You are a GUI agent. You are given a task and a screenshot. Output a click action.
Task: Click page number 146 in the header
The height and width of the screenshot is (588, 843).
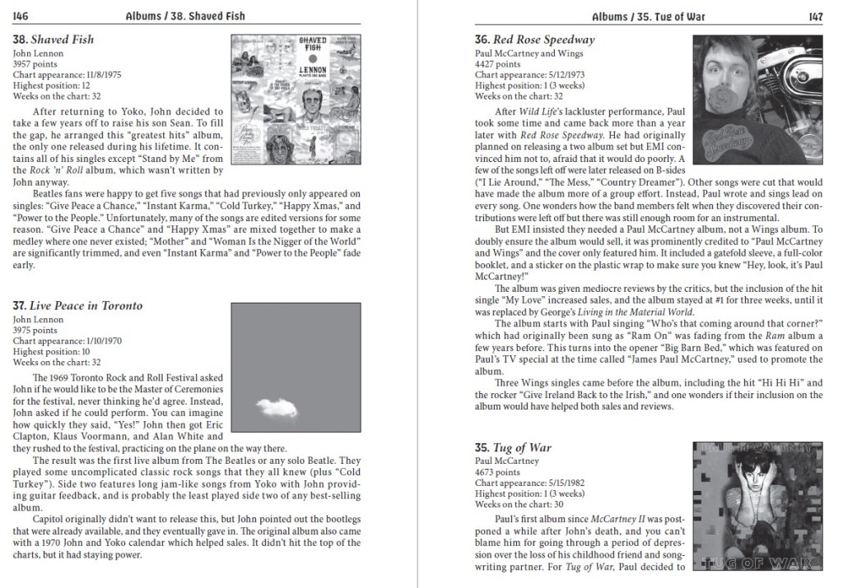pos(21,16)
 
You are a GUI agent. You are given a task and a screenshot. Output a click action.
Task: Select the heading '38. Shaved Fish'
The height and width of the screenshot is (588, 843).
pos(54,39)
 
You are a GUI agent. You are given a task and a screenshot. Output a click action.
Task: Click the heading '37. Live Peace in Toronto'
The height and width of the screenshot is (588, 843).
pos(78,306)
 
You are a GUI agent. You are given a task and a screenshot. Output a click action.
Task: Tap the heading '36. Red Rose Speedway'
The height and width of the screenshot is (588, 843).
pos(534,39)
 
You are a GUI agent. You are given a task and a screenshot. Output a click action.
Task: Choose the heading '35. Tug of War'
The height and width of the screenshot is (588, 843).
pos(513,448)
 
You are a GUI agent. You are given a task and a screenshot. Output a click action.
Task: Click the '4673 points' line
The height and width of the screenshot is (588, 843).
pos(498,473)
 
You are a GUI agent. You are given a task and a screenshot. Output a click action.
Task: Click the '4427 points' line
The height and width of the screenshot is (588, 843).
pos(498,64)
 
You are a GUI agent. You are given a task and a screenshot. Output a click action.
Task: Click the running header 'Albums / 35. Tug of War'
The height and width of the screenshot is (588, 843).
pos(648,16)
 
